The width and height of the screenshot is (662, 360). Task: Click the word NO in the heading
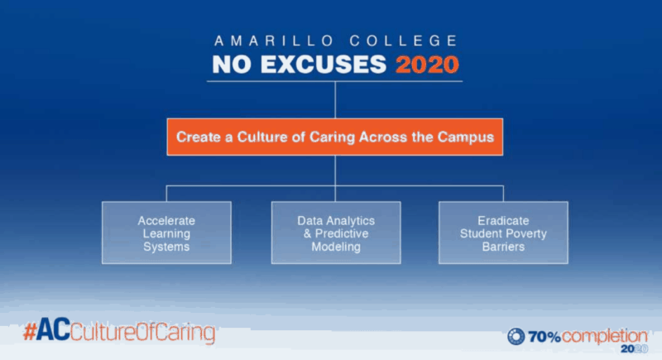[x=231, y=64]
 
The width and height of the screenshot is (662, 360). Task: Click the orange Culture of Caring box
[x=334, y=137]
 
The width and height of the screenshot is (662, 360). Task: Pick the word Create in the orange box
[x=196, y=137]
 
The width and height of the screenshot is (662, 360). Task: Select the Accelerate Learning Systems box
[x=165, y=233]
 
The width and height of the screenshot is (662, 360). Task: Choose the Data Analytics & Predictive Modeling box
[x=335, y=233]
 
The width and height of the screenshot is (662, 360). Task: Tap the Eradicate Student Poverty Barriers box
[x=503, y=233]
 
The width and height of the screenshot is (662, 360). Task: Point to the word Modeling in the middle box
[x=335, y=247]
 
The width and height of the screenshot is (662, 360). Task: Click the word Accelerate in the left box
[x=165, y=221]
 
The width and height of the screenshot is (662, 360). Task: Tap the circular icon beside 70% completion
[x=516, y=336]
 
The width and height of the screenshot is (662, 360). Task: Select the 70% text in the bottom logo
[x=546, y=336]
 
